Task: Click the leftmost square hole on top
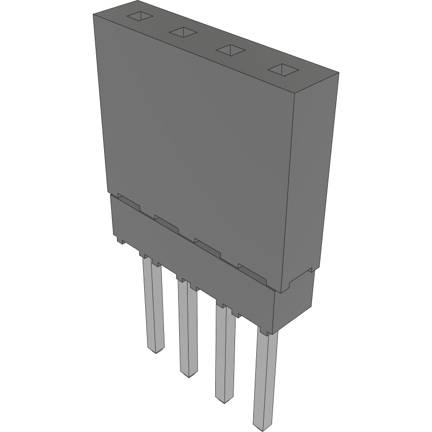pyautogui.click(x=140, y=16)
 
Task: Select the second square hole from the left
pyautogui.click(x=183, y=33)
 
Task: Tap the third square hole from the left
pyautogui.click(x=231, y=50)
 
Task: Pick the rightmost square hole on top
pyautogui.click(x=283, y=70)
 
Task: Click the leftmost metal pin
pyautogui.click(x=153, y=306)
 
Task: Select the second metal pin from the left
pyautogui.click(x=188, y=328)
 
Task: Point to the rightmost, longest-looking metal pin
pyautogui.click(x=265, y=380)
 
